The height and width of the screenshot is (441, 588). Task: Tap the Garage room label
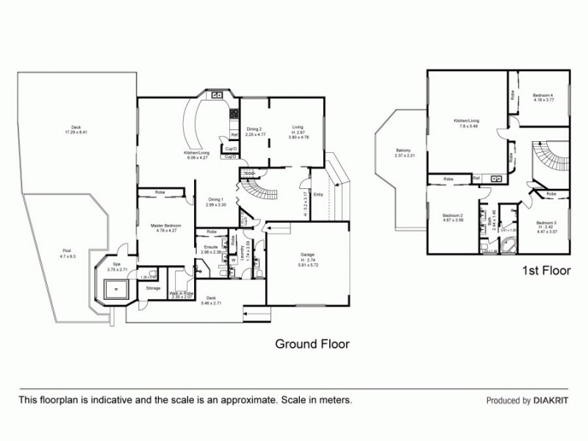[307, 254]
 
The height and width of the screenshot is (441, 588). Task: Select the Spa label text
[116, 265]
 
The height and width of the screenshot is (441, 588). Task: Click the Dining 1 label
[215, 199]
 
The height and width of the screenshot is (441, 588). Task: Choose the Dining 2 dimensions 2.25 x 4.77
[254, 135]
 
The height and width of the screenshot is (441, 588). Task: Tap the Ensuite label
[211, 246]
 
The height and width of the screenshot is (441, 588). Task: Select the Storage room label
[153, 288]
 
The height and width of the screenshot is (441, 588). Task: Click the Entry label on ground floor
[318, 195]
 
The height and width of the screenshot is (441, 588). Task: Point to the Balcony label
[405, 150]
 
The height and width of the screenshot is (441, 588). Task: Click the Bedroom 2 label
[452, 215]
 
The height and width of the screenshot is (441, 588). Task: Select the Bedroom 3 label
[545, 223]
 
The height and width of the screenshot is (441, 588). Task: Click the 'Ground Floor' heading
[312, 343]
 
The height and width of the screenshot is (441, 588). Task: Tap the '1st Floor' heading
[546, 270]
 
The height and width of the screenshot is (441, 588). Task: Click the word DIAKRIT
[552, 401]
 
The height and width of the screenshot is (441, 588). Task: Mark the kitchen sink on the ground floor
[218, 95]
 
